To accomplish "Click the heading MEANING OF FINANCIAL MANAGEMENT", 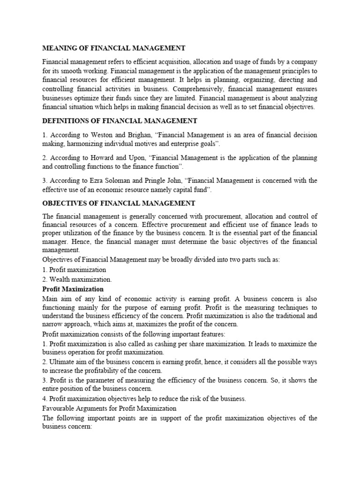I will (x=114, y=48).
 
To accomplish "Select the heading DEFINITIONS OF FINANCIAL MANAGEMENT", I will (x=120, y=121).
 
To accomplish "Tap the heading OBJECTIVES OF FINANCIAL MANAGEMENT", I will (x=119, y=203).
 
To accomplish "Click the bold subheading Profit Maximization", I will (x=73, y=289).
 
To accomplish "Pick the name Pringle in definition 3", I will (x=163, y=180).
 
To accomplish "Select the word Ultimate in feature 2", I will (x=63, y=362).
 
